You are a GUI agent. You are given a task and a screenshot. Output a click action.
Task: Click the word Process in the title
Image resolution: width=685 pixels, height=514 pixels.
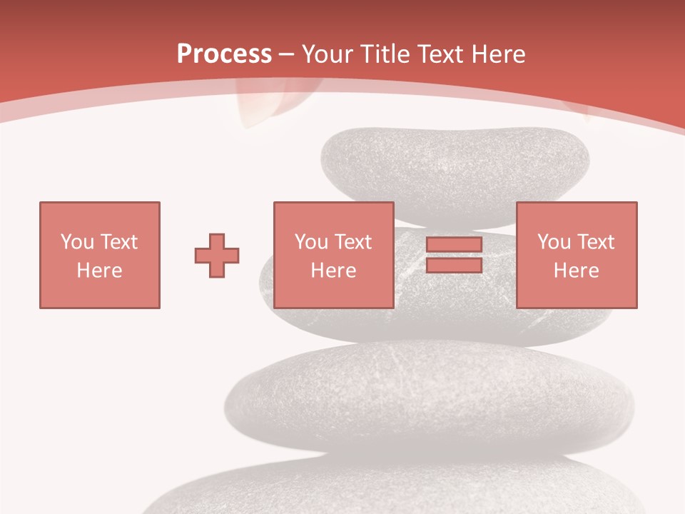pyautogui.click(x=224, y=54)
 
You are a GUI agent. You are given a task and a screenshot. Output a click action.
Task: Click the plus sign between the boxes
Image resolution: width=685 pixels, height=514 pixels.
pyautogui.click(x=217, y=256)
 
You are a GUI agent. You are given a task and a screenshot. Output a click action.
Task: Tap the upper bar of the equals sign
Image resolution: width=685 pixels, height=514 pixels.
pyautogui.click(x=454, y=245)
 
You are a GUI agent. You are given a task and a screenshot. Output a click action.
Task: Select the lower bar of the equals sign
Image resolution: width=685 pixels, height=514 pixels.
pyautogui.click(x=454, y=266)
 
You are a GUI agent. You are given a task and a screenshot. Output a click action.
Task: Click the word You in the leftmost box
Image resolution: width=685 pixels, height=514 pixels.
pyautogui.click(x=77, y=242)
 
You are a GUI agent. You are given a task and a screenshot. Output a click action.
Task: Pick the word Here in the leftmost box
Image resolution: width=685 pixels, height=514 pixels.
pyautogui.click(x=99, y=271)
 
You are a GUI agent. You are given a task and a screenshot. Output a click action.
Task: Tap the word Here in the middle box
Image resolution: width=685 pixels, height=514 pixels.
pyautogui.click(x=333, y=271)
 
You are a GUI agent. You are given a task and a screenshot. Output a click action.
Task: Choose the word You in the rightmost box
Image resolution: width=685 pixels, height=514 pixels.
pyautogui.click(x=554, y=242)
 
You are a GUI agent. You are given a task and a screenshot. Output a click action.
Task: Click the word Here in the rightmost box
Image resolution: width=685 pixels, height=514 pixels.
pyautogui.click(x=576, y=271)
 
